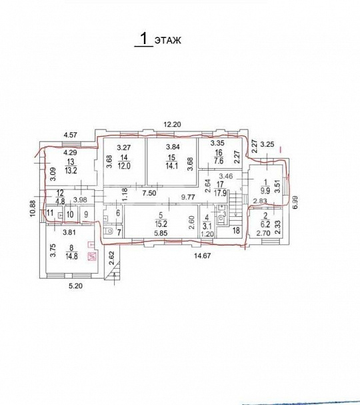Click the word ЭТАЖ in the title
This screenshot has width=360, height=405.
[168, 40]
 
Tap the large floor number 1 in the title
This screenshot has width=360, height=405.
[144, 38]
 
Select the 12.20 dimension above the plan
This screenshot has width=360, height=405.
[172, 124]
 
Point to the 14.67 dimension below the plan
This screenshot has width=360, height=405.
[202, 256]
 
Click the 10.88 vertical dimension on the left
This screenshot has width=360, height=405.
[33, 208]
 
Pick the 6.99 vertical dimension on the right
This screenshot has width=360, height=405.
[295, 202]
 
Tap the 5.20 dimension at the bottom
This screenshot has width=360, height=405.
[76, 286]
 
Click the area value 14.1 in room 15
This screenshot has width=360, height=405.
[171, 165]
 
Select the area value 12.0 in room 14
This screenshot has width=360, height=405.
[124, 165]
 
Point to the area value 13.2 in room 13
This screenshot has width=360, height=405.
[71, 170]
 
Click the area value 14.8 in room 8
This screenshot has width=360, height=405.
[71, 256]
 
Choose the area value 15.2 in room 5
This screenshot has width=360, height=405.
[161, 223]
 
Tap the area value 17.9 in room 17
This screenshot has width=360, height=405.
[220, 193]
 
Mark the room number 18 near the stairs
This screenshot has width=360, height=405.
[236, 230]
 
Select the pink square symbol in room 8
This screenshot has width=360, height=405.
[92, 257]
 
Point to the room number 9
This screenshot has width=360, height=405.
[86, 214]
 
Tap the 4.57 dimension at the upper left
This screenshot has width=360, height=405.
[71, 135]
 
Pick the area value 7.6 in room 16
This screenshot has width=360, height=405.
[218, 161]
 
